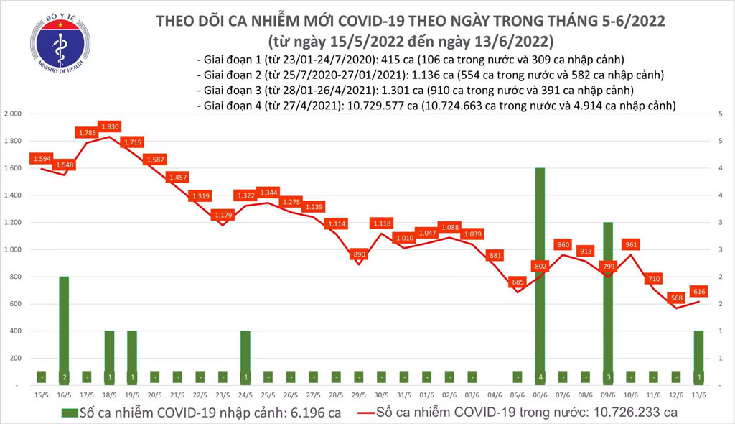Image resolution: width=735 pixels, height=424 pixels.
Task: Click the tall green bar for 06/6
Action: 539,277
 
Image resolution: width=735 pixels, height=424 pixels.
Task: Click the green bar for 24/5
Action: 245,358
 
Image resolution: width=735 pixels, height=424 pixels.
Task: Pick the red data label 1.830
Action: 110,126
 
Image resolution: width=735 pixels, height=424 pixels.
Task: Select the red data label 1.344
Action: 268,193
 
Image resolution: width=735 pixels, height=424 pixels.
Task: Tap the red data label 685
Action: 515,282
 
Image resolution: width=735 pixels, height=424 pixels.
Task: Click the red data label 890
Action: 360,254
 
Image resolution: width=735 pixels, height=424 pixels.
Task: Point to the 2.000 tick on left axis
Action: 14,114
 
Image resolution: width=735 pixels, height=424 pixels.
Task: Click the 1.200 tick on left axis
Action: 14,223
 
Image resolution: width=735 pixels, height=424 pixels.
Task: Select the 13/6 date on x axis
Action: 698,393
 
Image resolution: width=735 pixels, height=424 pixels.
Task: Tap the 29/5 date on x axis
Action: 359,393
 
